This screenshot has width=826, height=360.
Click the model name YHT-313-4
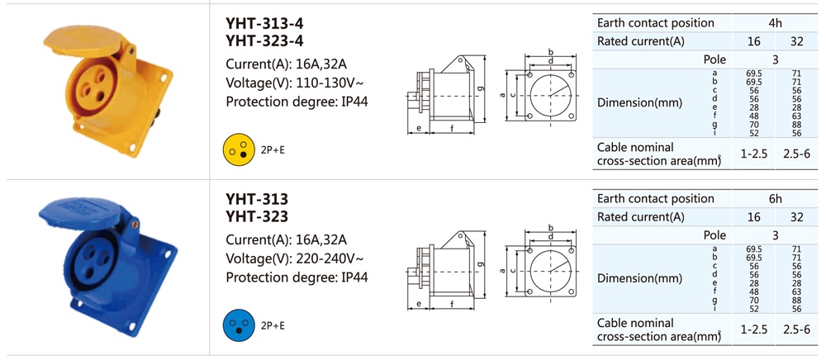click(x=264, y=24)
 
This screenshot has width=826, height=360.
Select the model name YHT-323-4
click(x=264, y=41)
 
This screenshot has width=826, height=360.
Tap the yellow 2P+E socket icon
click(x=235, y=147)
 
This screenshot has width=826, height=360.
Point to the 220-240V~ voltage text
click(x=323, y=258)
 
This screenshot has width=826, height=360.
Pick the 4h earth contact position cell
click(x=775, y=23)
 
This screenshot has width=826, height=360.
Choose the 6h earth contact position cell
click(x=775, y=199)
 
